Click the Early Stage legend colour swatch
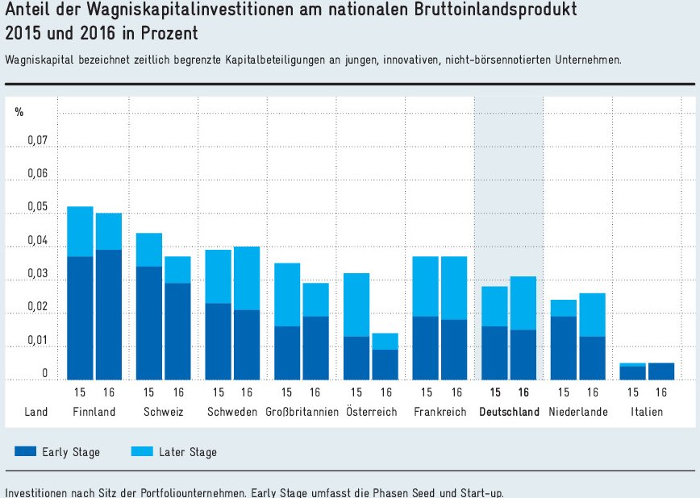click(x=26, y=452)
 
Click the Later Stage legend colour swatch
click(x=142, y=452)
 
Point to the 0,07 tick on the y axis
click(x=38, y=141)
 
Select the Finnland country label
click(x=94, y=412)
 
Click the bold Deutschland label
click(x=509, y=412)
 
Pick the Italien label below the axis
click(x=648, y=412)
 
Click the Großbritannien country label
click(x=301, y=412)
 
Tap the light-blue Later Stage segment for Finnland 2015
click(x=80, y=231)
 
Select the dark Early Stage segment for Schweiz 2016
click(x=177, y=330)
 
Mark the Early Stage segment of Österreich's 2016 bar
click(x=385, y=364)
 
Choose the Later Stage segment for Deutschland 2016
click(x=523, y=303)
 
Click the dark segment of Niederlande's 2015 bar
click(x=564, y=347)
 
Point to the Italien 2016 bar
click(x=661, y=371)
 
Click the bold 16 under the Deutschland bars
click(x=523, y=392)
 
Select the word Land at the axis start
click(x=36, y=412)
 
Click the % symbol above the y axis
click(x=19, y=112)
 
